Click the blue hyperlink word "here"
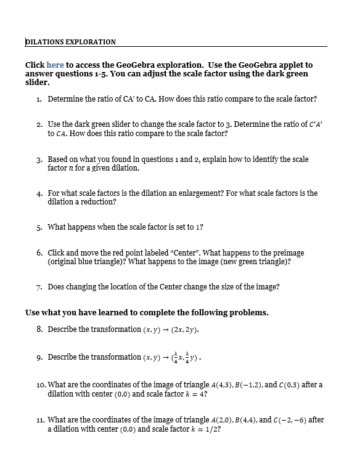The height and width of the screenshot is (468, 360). (55, 65)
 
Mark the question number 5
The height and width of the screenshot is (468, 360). (39, 227)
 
